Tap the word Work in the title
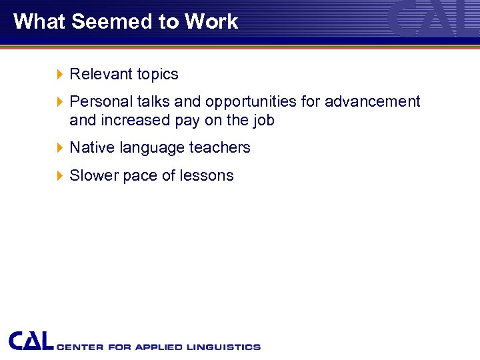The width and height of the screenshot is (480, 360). click(211, 21)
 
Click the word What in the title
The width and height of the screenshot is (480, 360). click(39, 21)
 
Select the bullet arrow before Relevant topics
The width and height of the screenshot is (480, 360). click(60, 74)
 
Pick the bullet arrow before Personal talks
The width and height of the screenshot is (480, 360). click(60, 101)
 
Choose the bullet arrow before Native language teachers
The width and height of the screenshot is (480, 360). click(60, 147)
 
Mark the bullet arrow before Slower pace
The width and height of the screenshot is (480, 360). click(60, 175)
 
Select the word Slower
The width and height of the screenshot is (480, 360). click(94, 175)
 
